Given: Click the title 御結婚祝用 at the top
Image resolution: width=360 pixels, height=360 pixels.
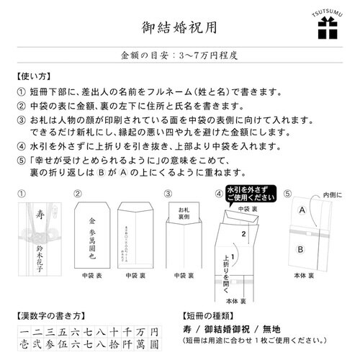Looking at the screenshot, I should point(179,27).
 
